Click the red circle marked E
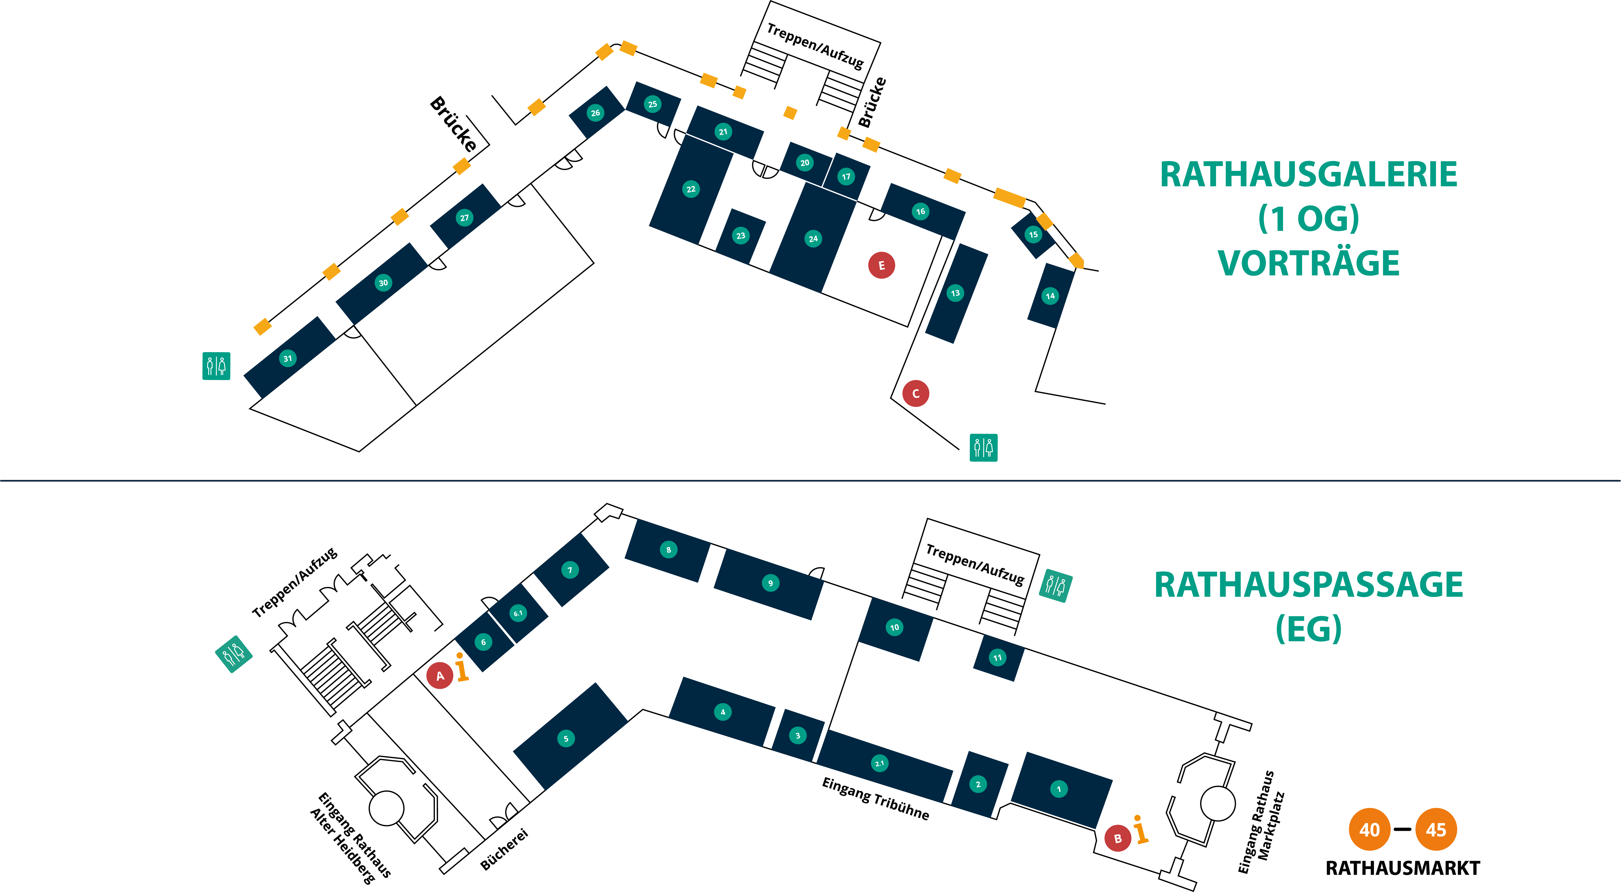[x=881, y=266]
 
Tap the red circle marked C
[x=916, y=393]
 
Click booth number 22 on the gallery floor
[x=691, y=189]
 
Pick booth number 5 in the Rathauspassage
[x=566, y=738]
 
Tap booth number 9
[x=770, y=583]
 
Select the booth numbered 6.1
[x=518, y=613]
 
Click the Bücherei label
[x=504, y=850]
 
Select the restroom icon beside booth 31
[x=216, y=366]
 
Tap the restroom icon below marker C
[x=983, y=448]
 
